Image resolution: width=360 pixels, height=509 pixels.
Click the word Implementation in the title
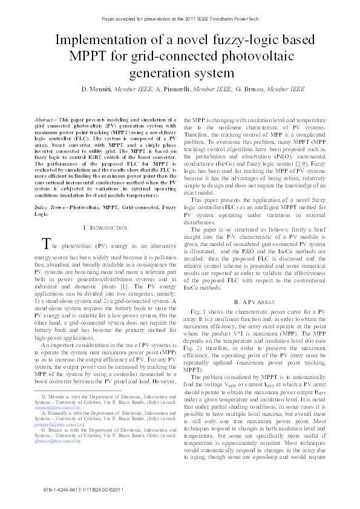pos(102,42)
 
